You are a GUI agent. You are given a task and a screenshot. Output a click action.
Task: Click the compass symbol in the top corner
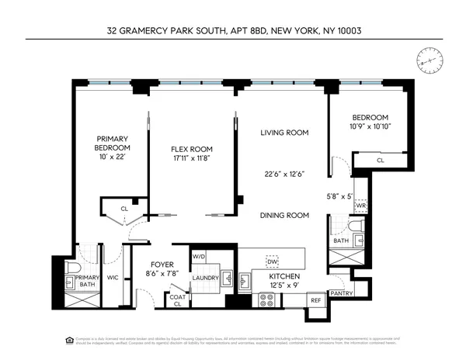click(x=426, y=59)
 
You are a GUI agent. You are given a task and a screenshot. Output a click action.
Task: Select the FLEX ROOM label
click(x=192, y=149)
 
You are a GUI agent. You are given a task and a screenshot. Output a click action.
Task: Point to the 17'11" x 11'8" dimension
click(x=192, y=158)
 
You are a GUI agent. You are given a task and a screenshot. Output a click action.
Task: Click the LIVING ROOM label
click(x=284, y=133)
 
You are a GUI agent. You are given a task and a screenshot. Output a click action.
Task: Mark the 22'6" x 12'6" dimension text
click(x=284, y=174)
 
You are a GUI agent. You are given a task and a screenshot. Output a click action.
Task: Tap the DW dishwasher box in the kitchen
click(x=272, y=260)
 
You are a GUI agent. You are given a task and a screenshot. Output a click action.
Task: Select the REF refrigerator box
click(x=316, y=299)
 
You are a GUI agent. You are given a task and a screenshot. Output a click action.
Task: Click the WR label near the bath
click(x=360, y=206)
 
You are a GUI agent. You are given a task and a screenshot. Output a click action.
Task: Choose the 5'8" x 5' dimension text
click(x=342, y=197)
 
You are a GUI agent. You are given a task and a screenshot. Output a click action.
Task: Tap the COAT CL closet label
click(x=176, y=299)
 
